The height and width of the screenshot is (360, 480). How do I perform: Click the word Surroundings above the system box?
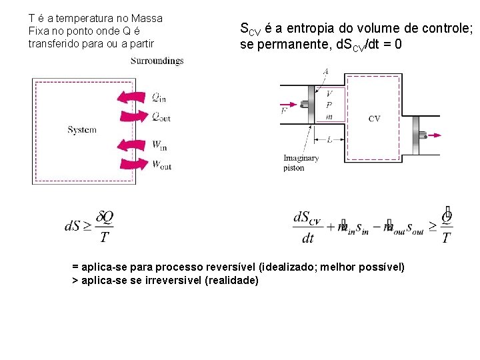pos(157,61)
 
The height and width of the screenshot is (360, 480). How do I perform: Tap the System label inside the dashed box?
pos(82,130)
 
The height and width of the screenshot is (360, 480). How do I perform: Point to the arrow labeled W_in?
pos(133,144)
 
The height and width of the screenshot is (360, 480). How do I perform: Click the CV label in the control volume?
pos(375,119)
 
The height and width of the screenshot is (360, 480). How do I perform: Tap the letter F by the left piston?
pos(284,111)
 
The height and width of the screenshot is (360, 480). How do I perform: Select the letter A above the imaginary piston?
pos(325,71)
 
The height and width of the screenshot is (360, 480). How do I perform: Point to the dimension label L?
pos(329,139)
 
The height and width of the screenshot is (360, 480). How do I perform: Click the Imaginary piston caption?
pos(301,163)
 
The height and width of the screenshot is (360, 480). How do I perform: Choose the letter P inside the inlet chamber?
pos(329,105)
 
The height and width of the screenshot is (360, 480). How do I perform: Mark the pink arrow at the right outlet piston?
pos(433,135)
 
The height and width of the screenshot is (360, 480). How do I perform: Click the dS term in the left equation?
pos(73,227)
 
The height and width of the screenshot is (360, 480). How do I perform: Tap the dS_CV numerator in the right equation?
pos(307,217)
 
